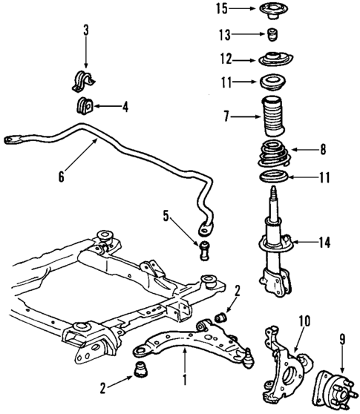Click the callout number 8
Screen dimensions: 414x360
point(323,149)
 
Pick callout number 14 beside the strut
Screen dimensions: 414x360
point(323,241)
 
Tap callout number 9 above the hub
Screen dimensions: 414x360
point(342,341)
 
